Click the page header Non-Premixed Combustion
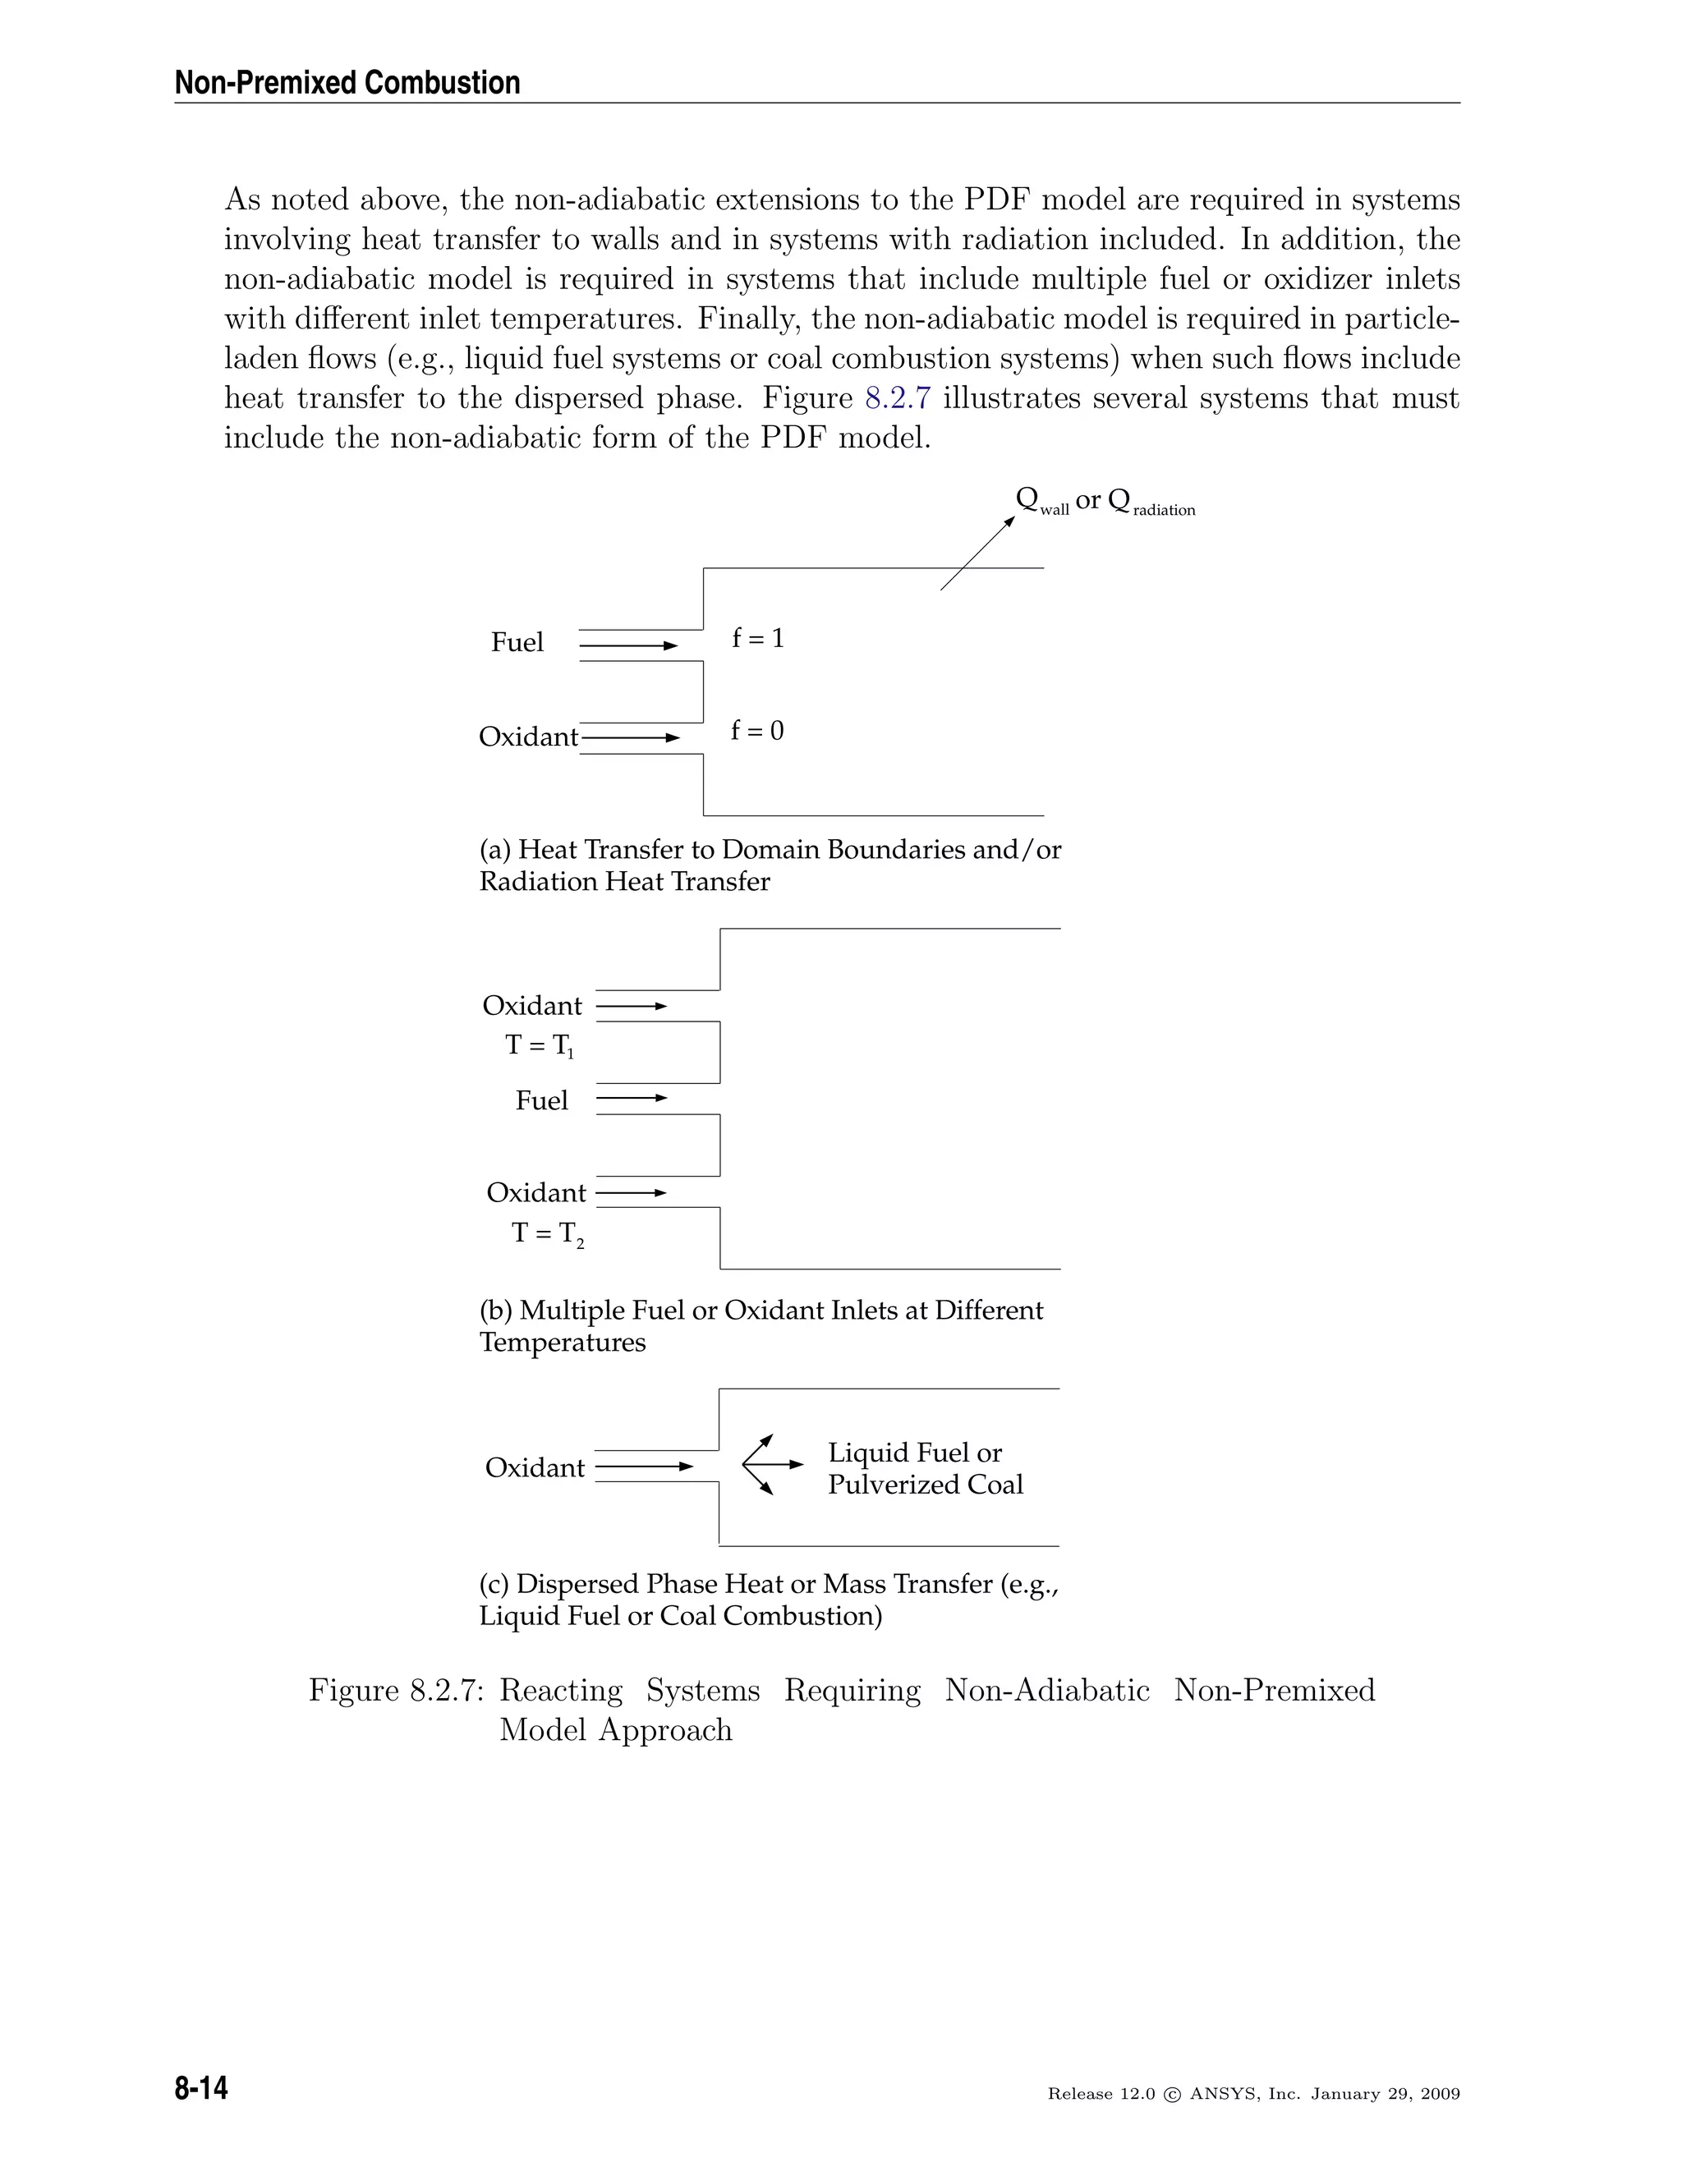tap(347, 83)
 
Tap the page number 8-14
tap(201, 2087)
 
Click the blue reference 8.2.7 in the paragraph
tap(897, 397)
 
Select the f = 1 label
tap(758, 638)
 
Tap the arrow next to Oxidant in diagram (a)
tap(630, 738)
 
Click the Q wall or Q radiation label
tap(1104, 501)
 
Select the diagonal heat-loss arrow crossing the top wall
tap(977, 554)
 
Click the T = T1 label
tap(539, 1045)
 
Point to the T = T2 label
tap(547, 1233)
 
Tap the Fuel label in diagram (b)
tap(541, 1100)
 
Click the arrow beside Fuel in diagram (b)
tap(632, 1098)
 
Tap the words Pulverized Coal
tap(925, 1485)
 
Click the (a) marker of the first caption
tap(495, 850)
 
